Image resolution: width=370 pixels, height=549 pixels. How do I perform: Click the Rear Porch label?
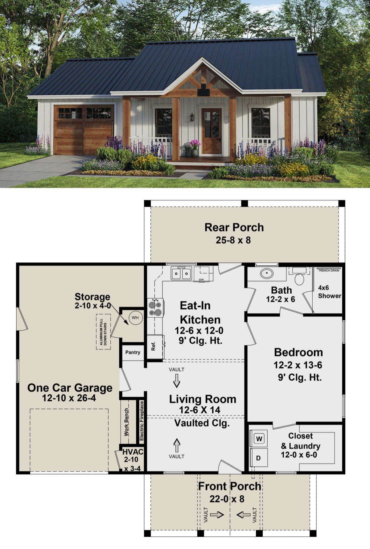coord(234,228)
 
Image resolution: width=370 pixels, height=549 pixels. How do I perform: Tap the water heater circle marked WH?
coord(135,317)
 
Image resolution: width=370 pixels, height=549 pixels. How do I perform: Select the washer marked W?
coord(259,439)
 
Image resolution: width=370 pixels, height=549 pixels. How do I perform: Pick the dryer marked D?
coord(258,458)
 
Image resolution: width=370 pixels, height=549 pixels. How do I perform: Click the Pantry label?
coord(133,352)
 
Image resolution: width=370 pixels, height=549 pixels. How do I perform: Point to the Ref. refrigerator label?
coord(153,346)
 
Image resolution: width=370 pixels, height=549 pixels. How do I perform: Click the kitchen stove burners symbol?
coord(155,308)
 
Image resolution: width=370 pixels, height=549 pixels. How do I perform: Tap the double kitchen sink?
coord(181,274)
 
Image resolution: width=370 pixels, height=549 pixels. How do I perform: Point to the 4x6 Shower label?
coord(330,292)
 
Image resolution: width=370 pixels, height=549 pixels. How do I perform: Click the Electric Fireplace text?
coord(142,421)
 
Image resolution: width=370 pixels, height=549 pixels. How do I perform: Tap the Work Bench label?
coord(126,422)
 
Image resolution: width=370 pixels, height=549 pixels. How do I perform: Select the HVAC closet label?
coord(133,452)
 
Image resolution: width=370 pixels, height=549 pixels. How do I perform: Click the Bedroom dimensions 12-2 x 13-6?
coord(298,365)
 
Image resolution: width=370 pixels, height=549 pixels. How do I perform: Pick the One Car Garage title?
coord(70,388)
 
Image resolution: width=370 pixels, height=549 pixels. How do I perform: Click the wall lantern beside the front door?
coord(192,117)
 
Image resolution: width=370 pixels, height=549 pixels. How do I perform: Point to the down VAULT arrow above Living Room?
coord(177,381)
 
